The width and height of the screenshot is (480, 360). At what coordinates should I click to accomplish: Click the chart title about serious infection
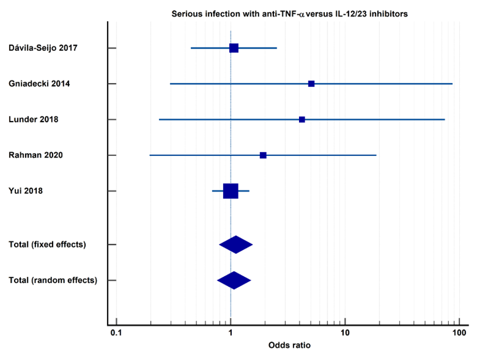289,14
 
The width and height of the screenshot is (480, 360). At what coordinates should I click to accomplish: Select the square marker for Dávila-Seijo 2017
234,48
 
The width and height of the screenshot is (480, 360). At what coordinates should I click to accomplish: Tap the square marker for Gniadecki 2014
311,84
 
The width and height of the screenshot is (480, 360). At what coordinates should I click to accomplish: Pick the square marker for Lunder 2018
302,119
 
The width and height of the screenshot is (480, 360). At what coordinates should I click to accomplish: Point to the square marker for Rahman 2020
263,155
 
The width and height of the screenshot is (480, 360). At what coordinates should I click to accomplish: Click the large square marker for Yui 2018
231,191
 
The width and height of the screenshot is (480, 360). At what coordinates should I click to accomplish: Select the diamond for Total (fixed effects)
236,245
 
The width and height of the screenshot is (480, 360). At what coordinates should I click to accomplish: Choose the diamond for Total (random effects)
234,280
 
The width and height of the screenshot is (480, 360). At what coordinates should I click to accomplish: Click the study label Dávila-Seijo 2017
43,48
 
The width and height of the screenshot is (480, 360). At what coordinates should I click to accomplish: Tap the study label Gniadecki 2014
39,84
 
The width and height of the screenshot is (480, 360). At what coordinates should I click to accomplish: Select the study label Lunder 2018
33,119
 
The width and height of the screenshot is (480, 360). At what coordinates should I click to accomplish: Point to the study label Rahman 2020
36,155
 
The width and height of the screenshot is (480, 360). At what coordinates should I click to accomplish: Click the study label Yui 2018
26,191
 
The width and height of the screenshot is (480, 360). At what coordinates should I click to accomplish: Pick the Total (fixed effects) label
48,245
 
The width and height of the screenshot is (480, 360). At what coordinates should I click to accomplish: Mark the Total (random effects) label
53,280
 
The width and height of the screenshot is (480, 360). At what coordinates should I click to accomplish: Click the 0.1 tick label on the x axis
116,333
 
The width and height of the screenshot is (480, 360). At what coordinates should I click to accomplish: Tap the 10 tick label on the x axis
345,333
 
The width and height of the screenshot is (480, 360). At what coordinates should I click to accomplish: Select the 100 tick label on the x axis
459,333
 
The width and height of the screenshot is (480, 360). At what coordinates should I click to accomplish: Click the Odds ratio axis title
289,345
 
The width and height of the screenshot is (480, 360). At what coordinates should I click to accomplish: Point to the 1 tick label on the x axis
231,333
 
